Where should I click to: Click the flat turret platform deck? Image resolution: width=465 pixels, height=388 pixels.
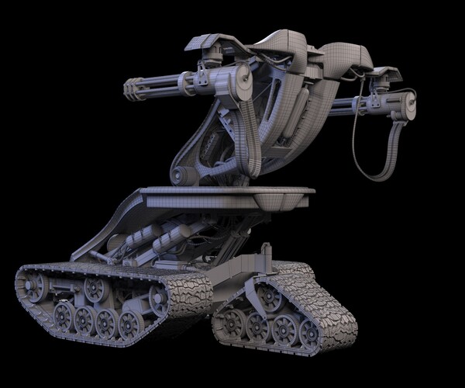click(232, 196)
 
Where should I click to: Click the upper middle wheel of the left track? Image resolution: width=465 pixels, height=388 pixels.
click(96, 289)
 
